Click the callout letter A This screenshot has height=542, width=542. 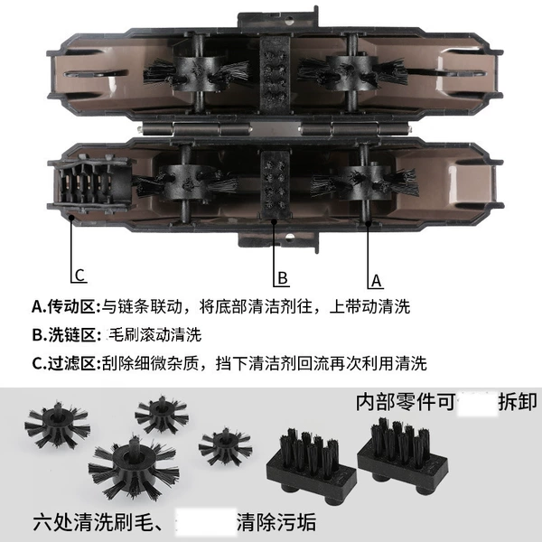pyautogui.click(x=376, y=281)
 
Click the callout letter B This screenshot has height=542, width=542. pyautogui.click(x=283, y=278)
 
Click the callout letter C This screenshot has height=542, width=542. pyautogui.click(x=79, y=276)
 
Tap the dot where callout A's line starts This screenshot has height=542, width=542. pyautogui.click(x=369, y=224)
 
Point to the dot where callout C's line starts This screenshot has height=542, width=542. pyautogui.click(x=71, y=218)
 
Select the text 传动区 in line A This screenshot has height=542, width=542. pyautogui.click(x=71, y=306)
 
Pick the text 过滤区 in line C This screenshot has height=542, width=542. pyautogui.click(x=71, y=363)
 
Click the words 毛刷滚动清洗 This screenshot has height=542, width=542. pyautogui.click(x=155, y=334)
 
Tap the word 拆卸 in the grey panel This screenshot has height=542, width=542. pyautogui.click(x=518, y=402)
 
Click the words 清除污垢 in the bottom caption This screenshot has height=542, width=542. pyautogui.click(x=276, y=522)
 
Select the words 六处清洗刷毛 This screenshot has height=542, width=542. pyautogui.click(x=93, y=522)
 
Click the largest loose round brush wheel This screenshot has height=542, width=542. pyautogui.click(x=134, y=464)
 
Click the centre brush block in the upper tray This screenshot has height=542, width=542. pyautogui.click(x=276, y=75)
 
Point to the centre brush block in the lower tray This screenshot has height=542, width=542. pyautogui.click(x=276, y=185)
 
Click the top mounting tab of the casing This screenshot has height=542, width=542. pyautogui.click(x=277, y=18)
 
